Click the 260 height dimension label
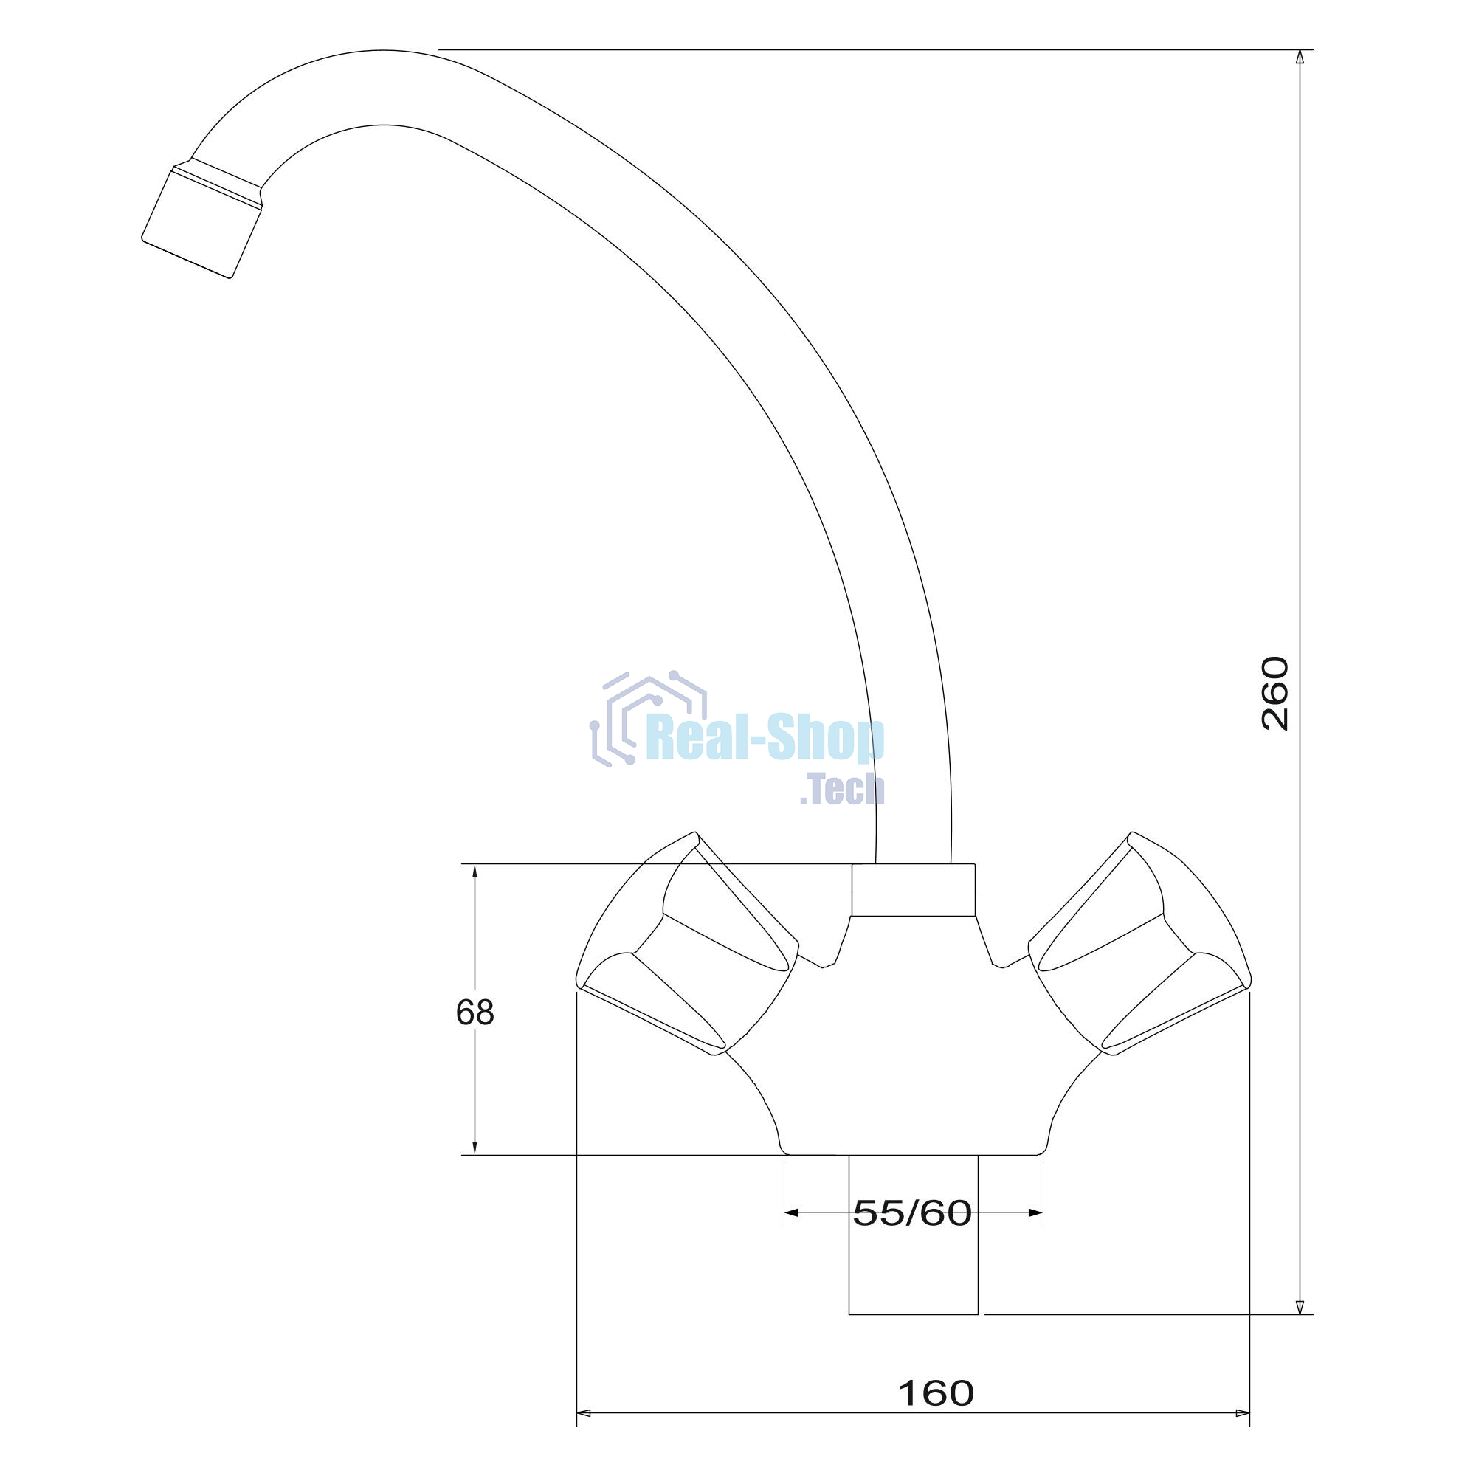(1274, 693)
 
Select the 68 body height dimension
(475, 1012)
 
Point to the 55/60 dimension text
(912, 1213)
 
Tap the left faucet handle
(687, 945)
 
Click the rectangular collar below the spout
(914, 890)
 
